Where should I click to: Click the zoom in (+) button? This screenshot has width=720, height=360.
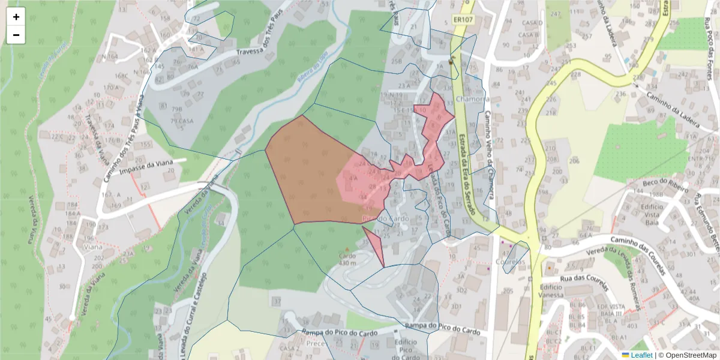(x=16, y=17)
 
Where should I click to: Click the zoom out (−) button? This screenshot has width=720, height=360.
(x=16, y=35)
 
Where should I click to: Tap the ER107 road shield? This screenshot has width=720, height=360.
(x=462, y=20)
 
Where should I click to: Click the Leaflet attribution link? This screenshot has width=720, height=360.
(x=640, y=355)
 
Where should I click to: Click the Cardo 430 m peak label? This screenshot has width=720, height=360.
(x=347, y=259)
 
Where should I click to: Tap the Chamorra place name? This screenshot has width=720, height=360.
(x=473, y=98)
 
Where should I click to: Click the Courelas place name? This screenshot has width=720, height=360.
(x=511, y=262)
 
